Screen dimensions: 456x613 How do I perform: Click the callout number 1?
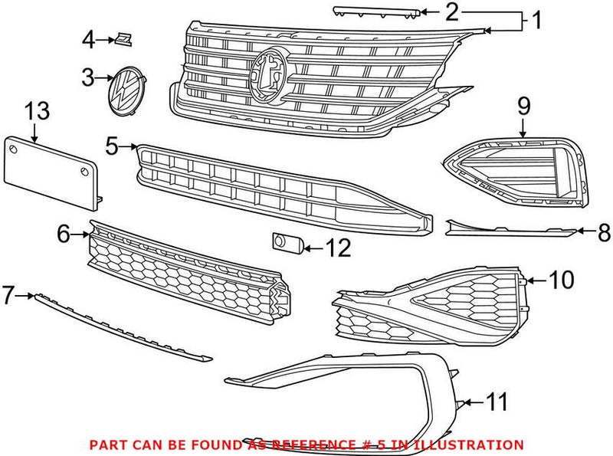pyautogui.click(x=536, y=20)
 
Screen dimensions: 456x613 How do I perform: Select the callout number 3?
pyautogui.click(x=89, y=77)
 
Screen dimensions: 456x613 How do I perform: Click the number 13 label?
pyautogui.click(x=37, y=110)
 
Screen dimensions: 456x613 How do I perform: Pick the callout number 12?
pyautogui.click(x=338, y=248)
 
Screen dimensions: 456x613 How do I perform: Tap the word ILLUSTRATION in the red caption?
pyautogui.click(x=472, y=444)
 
